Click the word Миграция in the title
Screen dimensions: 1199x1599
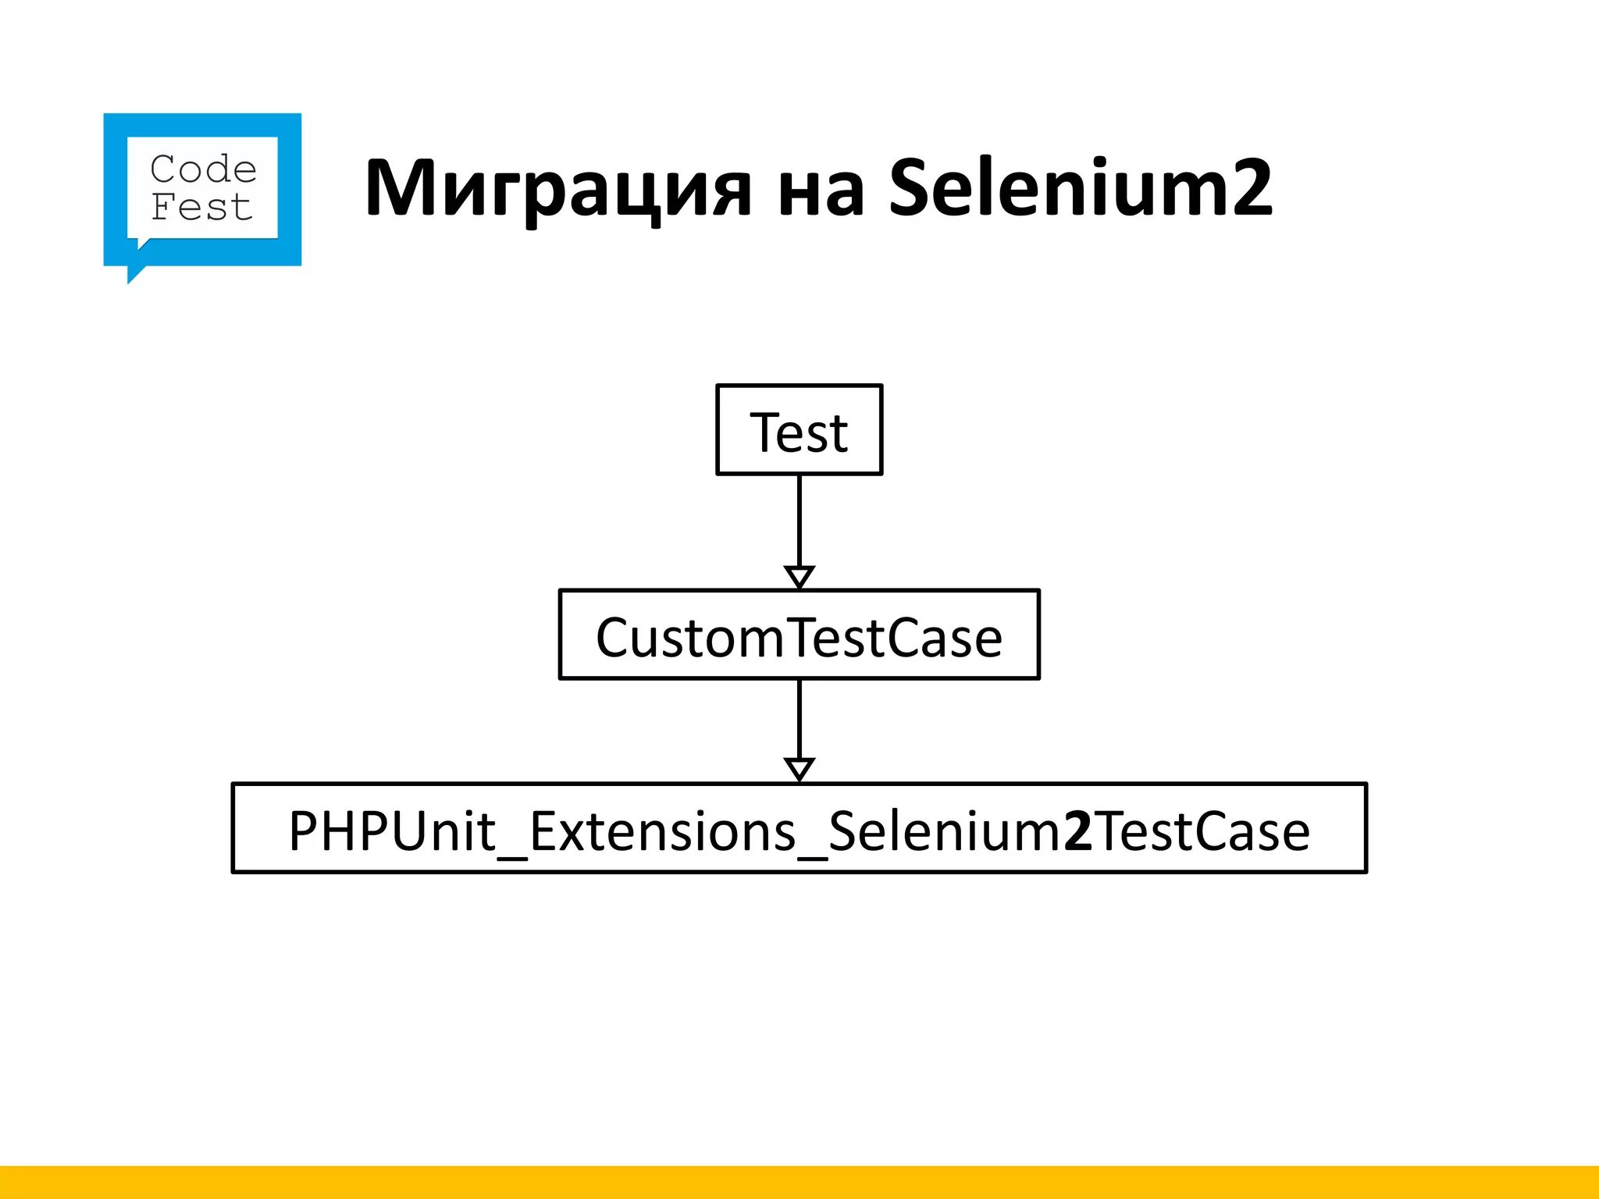click(558, 189)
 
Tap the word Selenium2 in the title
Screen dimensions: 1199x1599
click(1081, 187)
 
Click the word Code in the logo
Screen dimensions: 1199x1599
click(203, 169)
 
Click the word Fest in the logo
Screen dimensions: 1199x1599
click(201, 208)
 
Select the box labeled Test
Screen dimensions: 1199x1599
click(799, 429)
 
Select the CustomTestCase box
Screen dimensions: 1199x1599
click(799, 635)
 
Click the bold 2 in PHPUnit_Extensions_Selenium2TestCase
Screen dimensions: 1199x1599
click(1078, 831)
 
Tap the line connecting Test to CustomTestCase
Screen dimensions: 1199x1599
click(799, 519)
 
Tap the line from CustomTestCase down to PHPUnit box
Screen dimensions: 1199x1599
click(799, 718)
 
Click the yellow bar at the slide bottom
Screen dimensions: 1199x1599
click(799, 1182)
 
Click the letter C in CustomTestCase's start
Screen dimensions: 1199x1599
click(612, 639)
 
